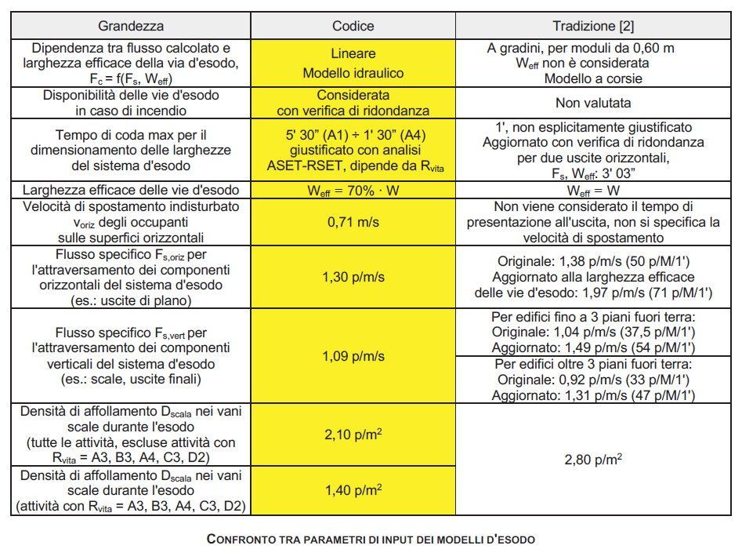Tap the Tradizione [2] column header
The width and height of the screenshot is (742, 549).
tap(592, 25)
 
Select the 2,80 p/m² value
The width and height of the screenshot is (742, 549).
tap(592, 460)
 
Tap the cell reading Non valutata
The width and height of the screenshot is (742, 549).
tap(592, 102)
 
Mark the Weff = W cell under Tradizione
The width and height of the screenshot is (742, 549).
tap(592, 189)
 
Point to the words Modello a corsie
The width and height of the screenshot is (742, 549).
tap(592, 78)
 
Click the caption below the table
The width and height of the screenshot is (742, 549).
tap(370, 540)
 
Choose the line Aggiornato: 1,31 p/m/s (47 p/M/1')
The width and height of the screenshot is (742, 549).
tap(592, 396)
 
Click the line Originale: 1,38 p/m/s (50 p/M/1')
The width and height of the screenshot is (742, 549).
tap(592, 261)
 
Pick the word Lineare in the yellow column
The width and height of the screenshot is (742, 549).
tap(353, 54)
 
